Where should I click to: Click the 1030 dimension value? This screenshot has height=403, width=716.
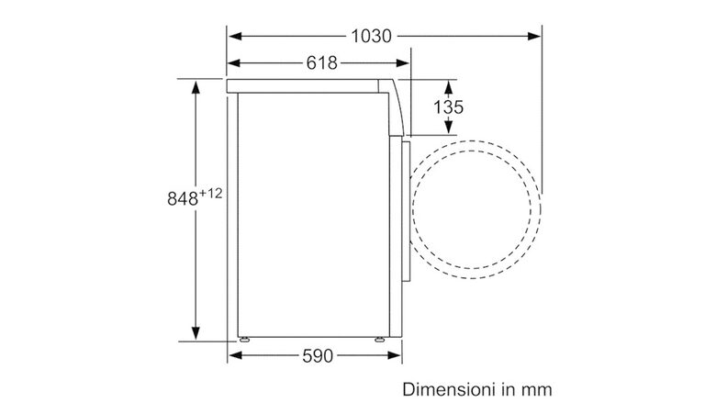pyautogui.click(x=371, y=36)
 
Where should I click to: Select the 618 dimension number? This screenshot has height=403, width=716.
pyautogui.click(x=322, y=63)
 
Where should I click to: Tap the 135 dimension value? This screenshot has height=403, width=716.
pyautogui.click(x=448, y=107)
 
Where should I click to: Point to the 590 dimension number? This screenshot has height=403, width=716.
pyautogui.click(x=318, y=356)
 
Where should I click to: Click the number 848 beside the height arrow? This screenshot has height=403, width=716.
pyautogui.click(x=183, y=198)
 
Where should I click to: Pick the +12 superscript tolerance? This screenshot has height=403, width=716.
pyautogui.click(x=210, y=194)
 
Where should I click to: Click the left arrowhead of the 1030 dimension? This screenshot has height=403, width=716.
pyautogui.click(x=235, y=36)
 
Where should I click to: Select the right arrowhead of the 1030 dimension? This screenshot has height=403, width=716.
pyautogui.click(x=534, y=36)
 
